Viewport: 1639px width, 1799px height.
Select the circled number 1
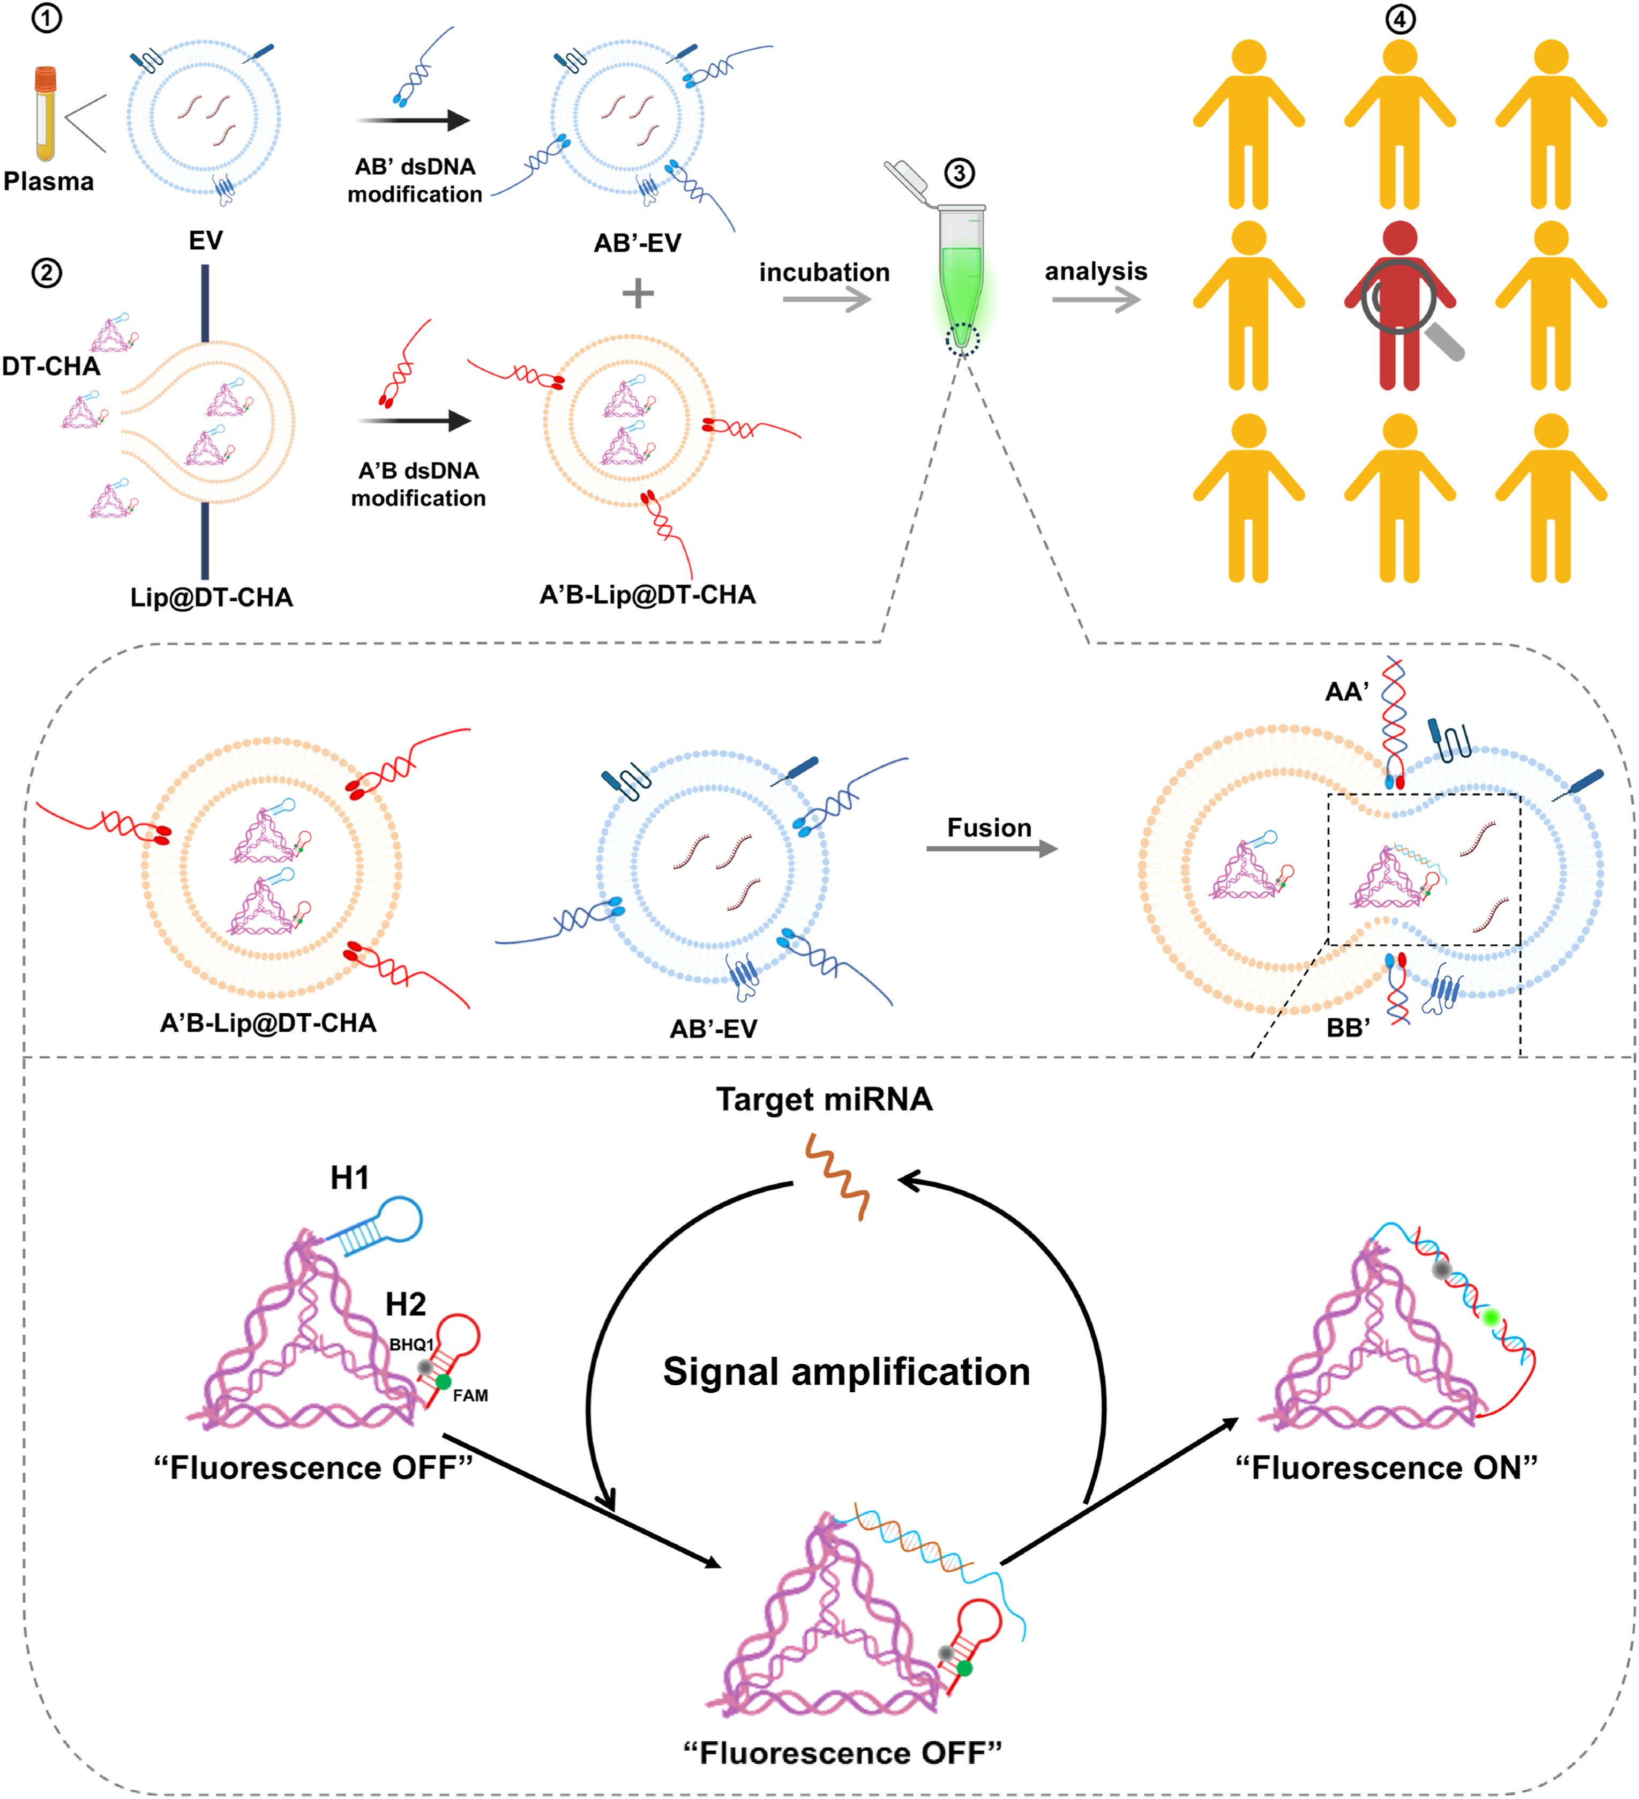pos(47,17)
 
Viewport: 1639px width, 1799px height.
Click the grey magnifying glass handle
pos(1446,342)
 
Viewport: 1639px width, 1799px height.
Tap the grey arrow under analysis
pos(1096,300)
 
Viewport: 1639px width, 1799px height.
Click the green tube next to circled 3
pos(961,277)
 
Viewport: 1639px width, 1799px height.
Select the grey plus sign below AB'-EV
pos(637,293)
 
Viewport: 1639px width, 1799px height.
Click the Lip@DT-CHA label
pos(212,597)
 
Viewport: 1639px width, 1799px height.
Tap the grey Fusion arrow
pos(990,849)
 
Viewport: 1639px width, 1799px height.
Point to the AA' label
pos(1346,692)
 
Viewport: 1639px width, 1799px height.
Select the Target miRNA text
pos(824,1100)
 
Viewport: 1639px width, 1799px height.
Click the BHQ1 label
pos(411,1345)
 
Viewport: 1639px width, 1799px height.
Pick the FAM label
pos(470,1395)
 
